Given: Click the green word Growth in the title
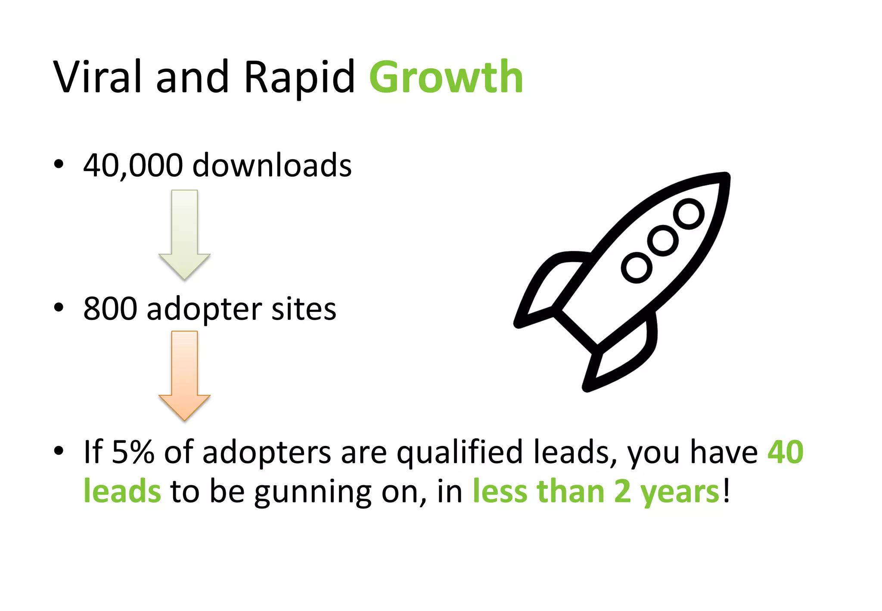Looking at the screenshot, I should click(446, 78).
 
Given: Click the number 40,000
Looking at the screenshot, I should click(133, 165).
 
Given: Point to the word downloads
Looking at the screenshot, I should click(272, 165).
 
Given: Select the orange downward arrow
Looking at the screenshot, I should click(184, 375).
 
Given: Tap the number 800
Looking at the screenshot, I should click(110, 309).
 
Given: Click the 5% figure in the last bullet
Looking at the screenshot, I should click(133, 452).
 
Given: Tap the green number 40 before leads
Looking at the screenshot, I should click(786, 452).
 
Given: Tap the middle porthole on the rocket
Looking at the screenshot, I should click(663, 240).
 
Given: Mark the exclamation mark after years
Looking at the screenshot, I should click(727, 491).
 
